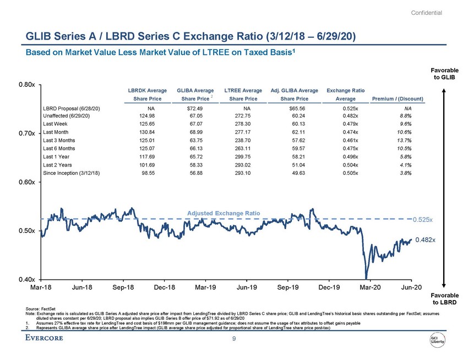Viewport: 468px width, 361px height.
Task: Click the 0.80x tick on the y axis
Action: tap(28, 85)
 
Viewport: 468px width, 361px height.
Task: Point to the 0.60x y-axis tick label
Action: tap(28, 182)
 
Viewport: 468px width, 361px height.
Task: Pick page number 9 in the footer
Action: tap(234, 338)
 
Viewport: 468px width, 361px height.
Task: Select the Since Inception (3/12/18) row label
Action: tap(72, 173)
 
